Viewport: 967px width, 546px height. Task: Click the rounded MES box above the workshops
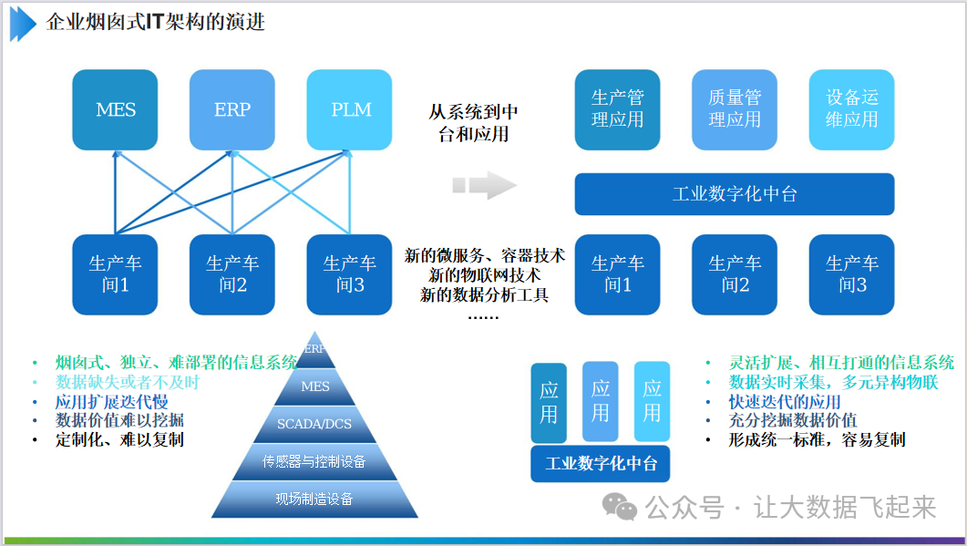tap(116, 110)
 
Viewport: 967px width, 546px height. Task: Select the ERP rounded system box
tap(232, 110)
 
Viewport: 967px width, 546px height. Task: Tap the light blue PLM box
tap(351, 110)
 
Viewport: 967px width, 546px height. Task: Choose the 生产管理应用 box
tap(617, 108)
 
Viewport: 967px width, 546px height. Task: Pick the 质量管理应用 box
tap(734, 108)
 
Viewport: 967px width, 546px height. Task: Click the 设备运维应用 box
tap(851, 108)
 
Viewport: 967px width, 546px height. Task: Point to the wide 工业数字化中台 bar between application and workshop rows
tap(734, 194)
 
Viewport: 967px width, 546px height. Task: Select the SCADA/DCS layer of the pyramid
tap(315, 423)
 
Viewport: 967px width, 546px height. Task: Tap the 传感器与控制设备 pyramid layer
tap(314, 461)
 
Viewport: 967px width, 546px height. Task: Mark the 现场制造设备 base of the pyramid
tap(314, 499)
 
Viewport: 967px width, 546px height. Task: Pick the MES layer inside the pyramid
tap(315, 386)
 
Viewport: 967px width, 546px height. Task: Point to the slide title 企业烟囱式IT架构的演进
tap(156, 22)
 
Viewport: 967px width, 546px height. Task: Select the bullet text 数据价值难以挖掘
tap(119, 420)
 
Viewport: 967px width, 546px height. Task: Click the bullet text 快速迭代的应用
tap(785, 401)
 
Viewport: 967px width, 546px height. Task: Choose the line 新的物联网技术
tap(485, 275)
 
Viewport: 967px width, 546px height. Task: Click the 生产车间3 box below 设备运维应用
tap(851, 274)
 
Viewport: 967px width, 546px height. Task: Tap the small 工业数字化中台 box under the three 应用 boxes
tap(601, 464)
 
